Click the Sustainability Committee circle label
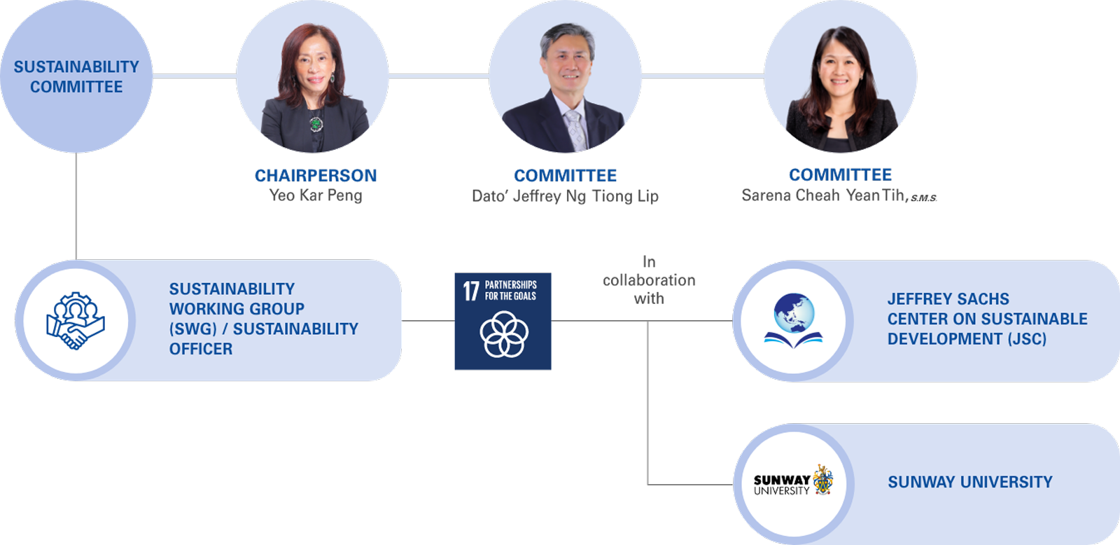pos(76,76)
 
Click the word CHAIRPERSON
pos(316,175)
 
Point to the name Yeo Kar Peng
pos(316,195)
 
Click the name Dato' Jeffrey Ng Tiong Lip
pos(565,196)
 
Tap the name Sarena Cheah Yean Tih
pos(824,195)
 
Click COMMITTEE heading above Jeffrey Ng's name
pos(566,175)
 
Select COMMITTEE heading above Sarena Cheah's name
pos(840,174)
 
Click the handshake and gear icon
pos(76,321)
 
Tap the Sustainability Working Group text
pos(263,319)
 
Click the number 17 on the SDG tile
pos(471,290)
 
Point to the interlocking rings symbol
pos(503,334)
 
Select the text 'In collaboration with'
pos(649,280)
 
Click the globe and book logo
pos(793,321)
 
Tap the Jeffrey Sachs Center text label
pos(987,319)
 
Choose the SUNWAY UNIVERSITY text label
pos(969,482)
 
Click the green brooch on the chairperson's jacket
pos(316,124)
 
